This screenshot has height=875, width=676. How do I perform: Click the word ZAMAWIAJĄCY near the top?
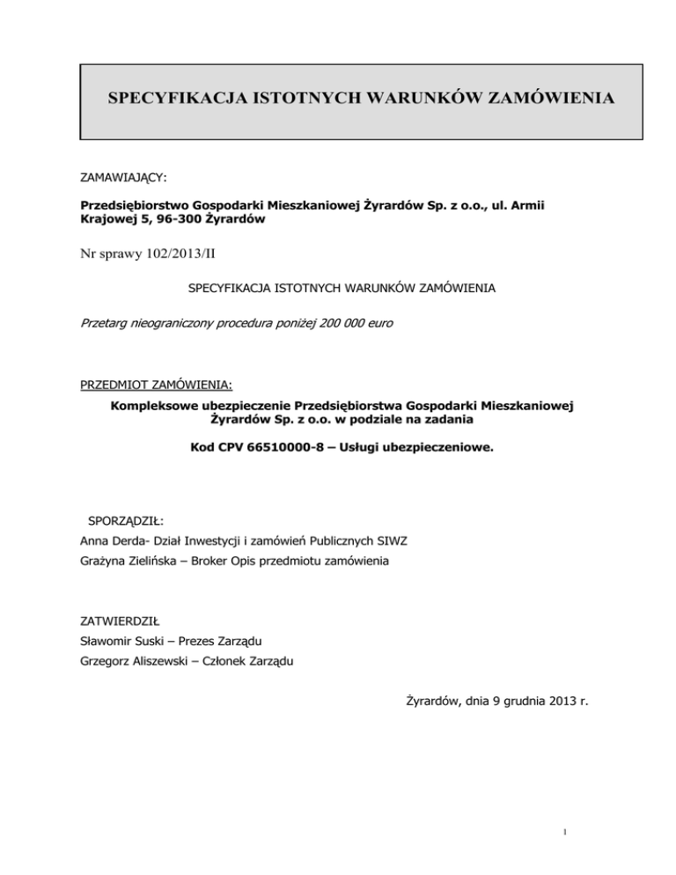coord(124,177)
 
